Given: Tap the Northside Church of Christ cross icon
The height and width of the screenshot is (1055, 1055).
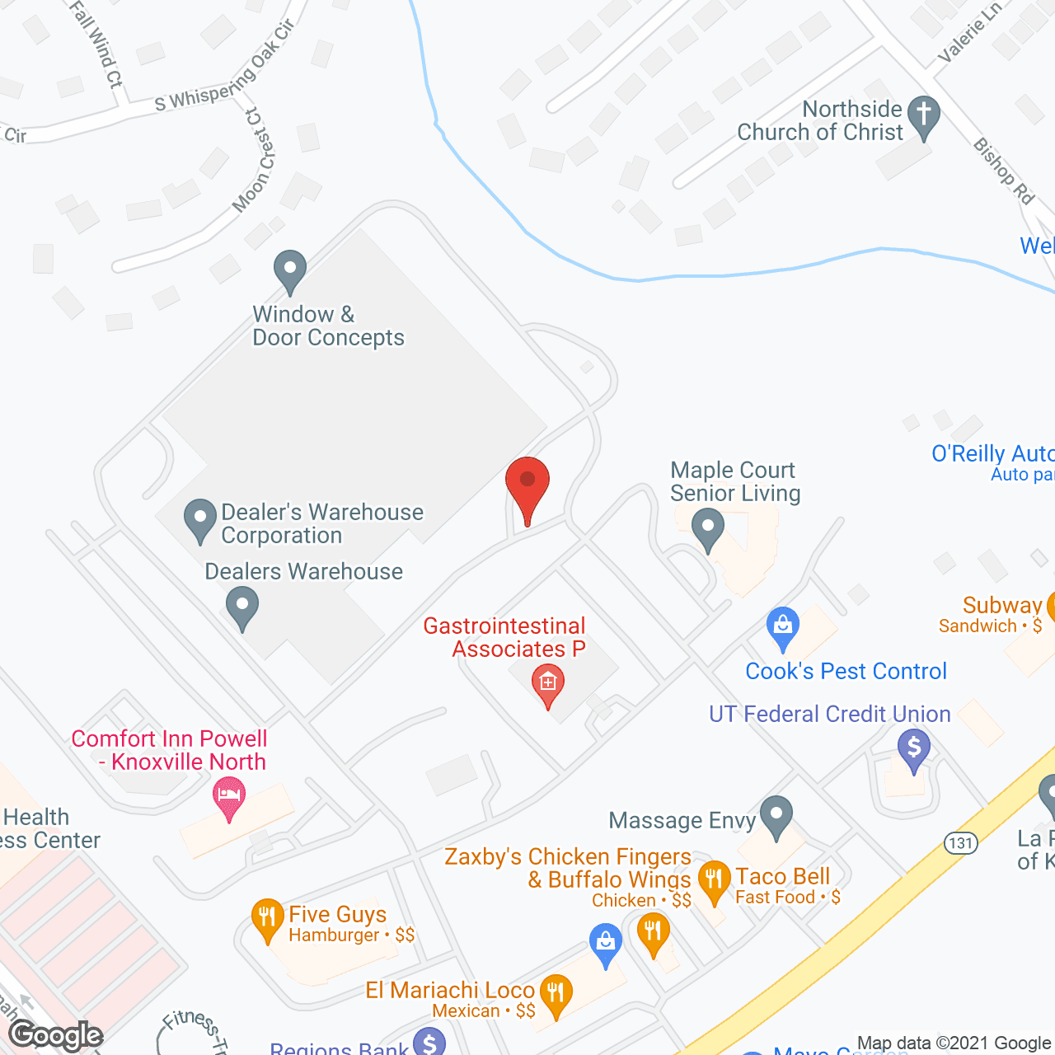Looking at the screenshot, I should [x=923, y=116].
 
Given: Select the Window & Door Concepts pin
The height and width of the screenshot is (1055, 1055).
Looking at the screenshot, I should [x=290, y=270].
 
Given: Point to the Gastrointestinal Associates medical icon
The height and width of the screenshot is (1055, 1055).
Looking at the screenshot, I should [x=547, y=684].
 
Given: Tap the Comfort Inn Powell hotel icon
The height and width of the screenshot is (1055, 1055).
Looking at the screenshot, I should [x=229, y=796].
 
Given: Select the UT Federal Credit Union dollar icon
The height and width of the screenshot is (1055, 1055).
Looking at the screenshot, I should [x=913, y=750].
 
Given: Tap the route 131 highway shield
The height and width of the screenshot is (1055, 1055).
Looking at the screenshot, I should [x=960, y=842].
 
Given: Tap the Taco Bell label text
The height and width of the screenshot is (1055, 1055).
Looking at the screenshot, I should [x=782, y=876].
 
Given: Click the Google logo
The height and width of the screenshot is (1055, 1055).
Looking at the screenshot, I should [x=56, y=1034].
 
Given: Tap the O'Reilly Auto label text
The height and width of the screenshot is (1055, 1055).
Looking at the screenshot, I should [x=992, y=453].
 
